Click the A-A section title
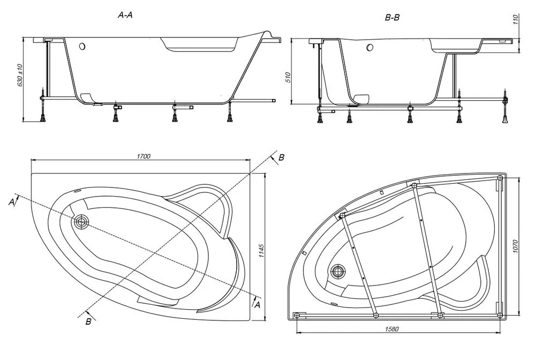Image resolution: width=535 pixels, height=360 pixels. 125,15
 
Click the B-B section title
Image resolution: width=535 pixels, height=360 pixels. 392,17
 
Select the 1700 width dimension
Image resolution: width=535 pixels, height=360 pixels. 144,156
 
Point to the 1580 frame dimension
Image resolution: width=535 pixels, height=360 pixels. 391,329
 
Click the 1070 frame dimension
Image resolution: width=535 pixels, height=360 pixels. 516,246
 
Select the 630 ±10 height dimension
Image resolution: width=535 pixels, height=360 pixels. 20,75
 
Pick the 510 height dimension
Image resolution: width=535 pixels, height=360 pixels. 288,78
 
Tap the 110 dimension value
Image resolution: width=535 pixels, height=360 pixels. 516,19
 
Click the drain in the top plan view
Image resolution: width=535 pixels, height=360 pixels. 81,222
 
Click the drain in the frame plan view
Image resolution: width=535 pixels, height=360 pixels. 338,272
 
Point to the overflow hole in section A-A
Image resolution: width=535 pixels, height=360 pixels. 82,46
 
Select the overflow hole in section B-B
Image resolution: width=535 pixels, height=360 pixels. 370,48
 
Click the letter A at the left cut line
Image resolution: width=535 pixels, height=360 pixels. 12,202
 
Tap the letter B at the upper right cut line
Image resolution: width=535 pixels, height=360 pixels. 281,157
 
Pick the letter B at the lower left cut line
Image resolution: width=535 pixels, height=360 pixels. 88,321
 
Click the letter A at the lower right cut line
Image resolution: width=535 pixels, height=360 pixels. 258,304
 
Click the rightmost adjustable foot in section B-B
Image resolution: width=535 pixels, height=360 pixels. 505,107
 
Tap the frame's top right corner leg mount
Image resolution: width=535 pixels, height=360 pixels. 500,178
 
